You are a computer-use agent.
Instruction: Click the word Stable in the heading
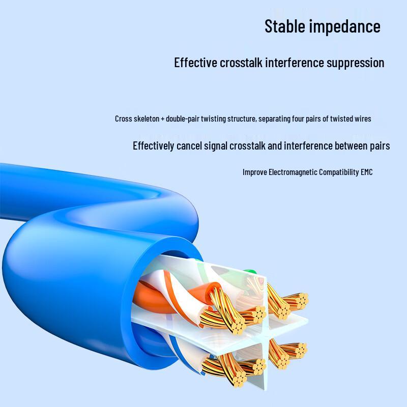(285, 26)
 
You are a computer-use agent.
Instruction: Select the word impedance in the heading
(345, 27)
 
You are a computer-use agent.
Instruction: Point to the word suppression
(355, 63)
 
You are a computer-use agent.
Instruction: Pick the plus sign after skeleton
(163, 119)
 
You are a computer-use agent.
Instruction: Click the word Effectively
(154, 146)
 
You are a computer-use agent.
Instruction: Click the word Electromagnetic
(293, 172)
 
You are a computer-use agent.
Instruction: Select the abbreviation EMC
(366, 172)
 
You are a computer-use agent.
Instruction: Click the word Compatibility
(339, 172)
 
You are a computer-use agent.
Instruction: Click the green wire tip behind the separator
(249, 272)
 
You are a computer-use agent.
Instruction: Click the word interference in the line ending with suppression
(295, 63)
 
